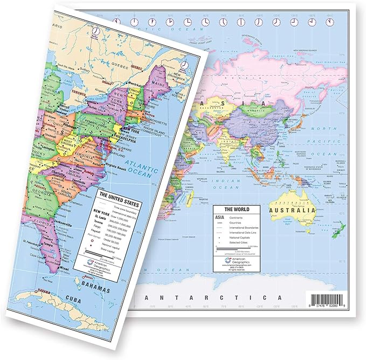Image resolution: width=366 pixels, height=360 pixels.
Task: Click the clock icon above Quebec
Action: coord(96,32)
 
